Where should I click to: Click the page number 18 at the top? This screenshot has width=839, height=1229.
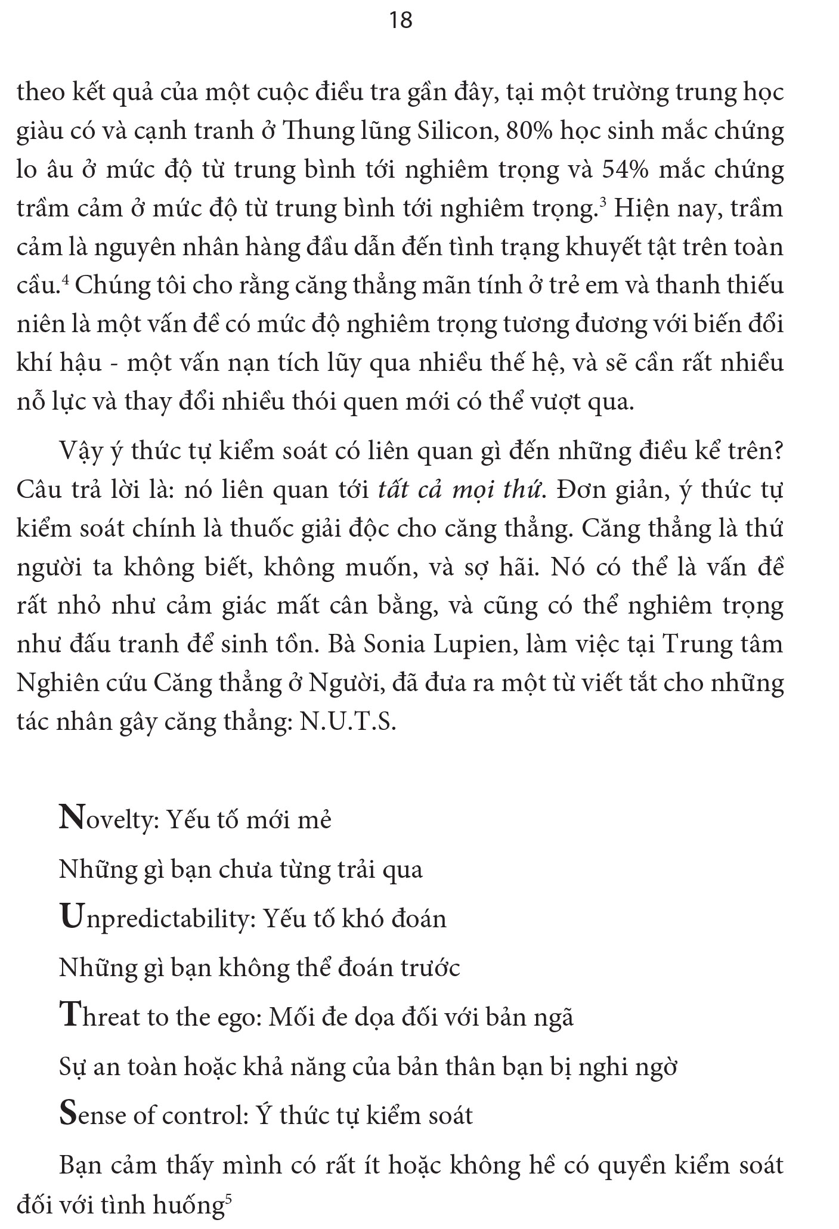coord(400,21)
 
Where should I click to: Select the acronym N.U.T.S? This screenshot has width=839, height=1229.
coord(348,722)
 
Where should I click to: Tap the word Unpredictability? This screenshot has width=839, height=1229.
coord(158,918)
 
